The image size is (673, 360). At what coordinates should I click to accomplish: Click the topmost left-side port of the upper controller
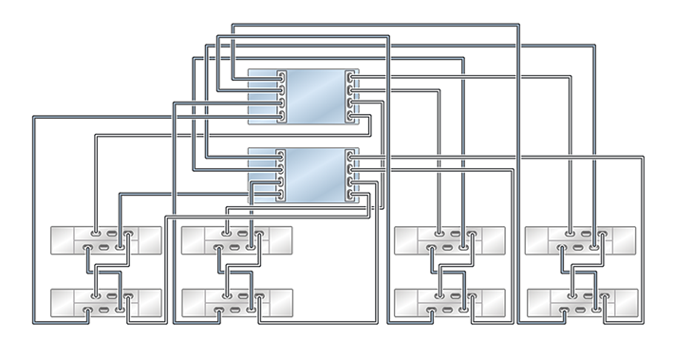click(x=280, y=77)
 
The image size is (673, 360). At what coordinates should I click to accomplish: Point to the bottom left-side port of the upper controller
click(x=280, y=116)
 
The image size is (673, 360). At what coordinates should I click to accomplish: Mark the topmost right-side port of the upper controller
click(x=352, y=77)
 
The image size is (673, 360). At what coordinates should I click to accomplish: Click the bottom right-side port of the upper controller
click(x=352, y=116)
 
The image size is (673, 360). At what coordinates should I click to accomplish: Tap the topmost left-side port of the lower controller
click(x=280, y=155)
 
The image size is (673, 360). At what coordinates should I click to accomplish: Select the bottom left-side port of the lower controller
click(x=280, y=194)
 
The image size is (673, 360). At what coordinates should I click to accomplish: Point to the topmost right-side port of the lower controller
click(x=352, y=155)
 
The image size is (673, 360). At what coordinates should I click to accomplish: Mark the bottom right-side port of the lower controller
click(x=352, y=194)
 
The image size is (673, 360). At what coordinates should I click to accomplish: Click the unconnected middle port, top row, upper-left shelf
click(x=111, y=232)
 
